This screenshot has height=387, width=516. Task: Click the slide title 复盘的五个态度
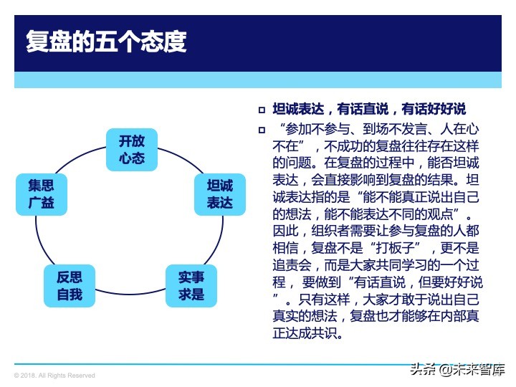[106, 41]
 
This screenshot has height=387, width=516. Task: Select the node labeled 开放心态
[131, 149]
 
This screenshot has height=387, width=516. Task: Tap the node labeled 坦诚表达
[220, 193]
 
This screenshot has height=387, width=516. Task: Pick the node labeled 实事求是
[191, 285]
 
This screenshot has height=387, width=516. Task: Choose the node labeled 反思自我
[70, 285]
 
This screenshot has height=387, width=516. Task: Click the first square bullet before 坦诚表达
[262, 110]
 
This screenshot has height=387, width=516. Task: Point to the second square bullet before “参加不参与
[262, 130]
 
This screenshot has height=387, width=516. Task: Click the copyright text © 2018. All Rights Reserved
[54, 376]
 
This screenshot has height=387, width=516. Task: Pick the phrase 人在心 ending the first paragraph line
[462, 130]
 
